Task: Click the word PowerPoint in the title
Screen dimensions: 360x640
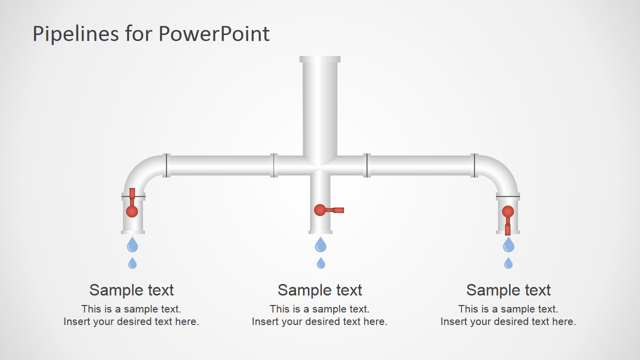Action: (x=214, y=33)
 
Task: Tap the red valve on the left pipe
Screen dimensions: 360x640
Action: (x=132, y=210)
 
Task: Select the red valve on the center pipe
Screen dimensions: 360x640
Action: (x=320, y=210)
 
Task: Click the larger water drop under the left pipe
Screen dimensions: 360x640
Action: (x=132, y=245)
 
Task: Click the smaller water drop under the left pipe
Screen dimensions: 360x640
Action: (x=132, y=263)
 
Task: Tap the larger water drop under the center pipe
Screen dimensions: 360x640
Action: (x=320, y=245)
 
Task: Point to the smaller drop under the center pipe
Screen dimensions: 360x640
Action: (x=320, y=263)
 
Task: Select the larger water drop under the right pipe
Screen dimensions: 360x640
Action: (x=508, y=245)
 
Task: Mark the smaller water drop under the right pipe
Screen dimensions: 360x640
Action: (x=508, y=263)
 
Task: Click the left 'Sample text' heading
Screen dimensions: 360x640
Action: (x=131, y=290)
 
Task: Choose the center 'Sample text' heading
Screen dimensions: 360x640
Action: (x=319, y=290)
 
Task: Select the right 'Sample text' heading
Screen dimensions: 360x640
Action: (x=508, y=290)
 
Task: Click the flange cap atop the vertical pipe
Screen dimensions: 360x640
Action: (x=320, y=59)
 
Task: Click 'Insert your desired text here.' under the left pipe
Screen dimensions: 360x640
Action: (x=131, y=321)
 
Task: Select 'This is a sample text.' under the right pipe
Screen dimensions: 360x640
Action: (x=508, y=309)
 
